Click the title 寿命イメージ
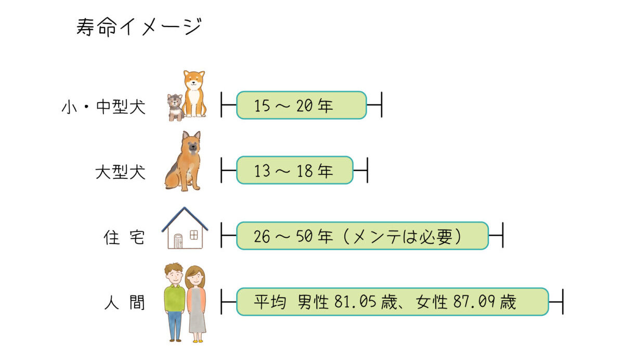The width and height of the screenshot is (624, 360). (138, 27)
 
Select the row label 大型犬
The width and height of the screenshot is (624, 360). (120, 172)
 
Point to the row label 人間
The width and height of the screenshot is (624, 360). (124, 303)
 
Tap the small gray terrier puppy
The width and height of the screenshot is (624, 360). (175, 107)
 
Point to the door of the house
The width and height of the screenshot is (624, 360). (178, 241)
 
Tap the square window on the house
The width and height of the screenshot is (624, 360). (193, 236)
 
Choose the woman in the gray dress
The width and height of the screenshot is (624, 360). (196, 303)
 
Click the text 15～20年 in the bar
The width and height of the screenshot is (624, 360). (293, 107)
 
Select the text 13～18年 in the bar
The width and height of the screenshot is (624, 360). (293, 172)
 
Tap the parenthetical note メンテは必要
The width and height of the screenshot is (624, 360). (407, 237)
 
